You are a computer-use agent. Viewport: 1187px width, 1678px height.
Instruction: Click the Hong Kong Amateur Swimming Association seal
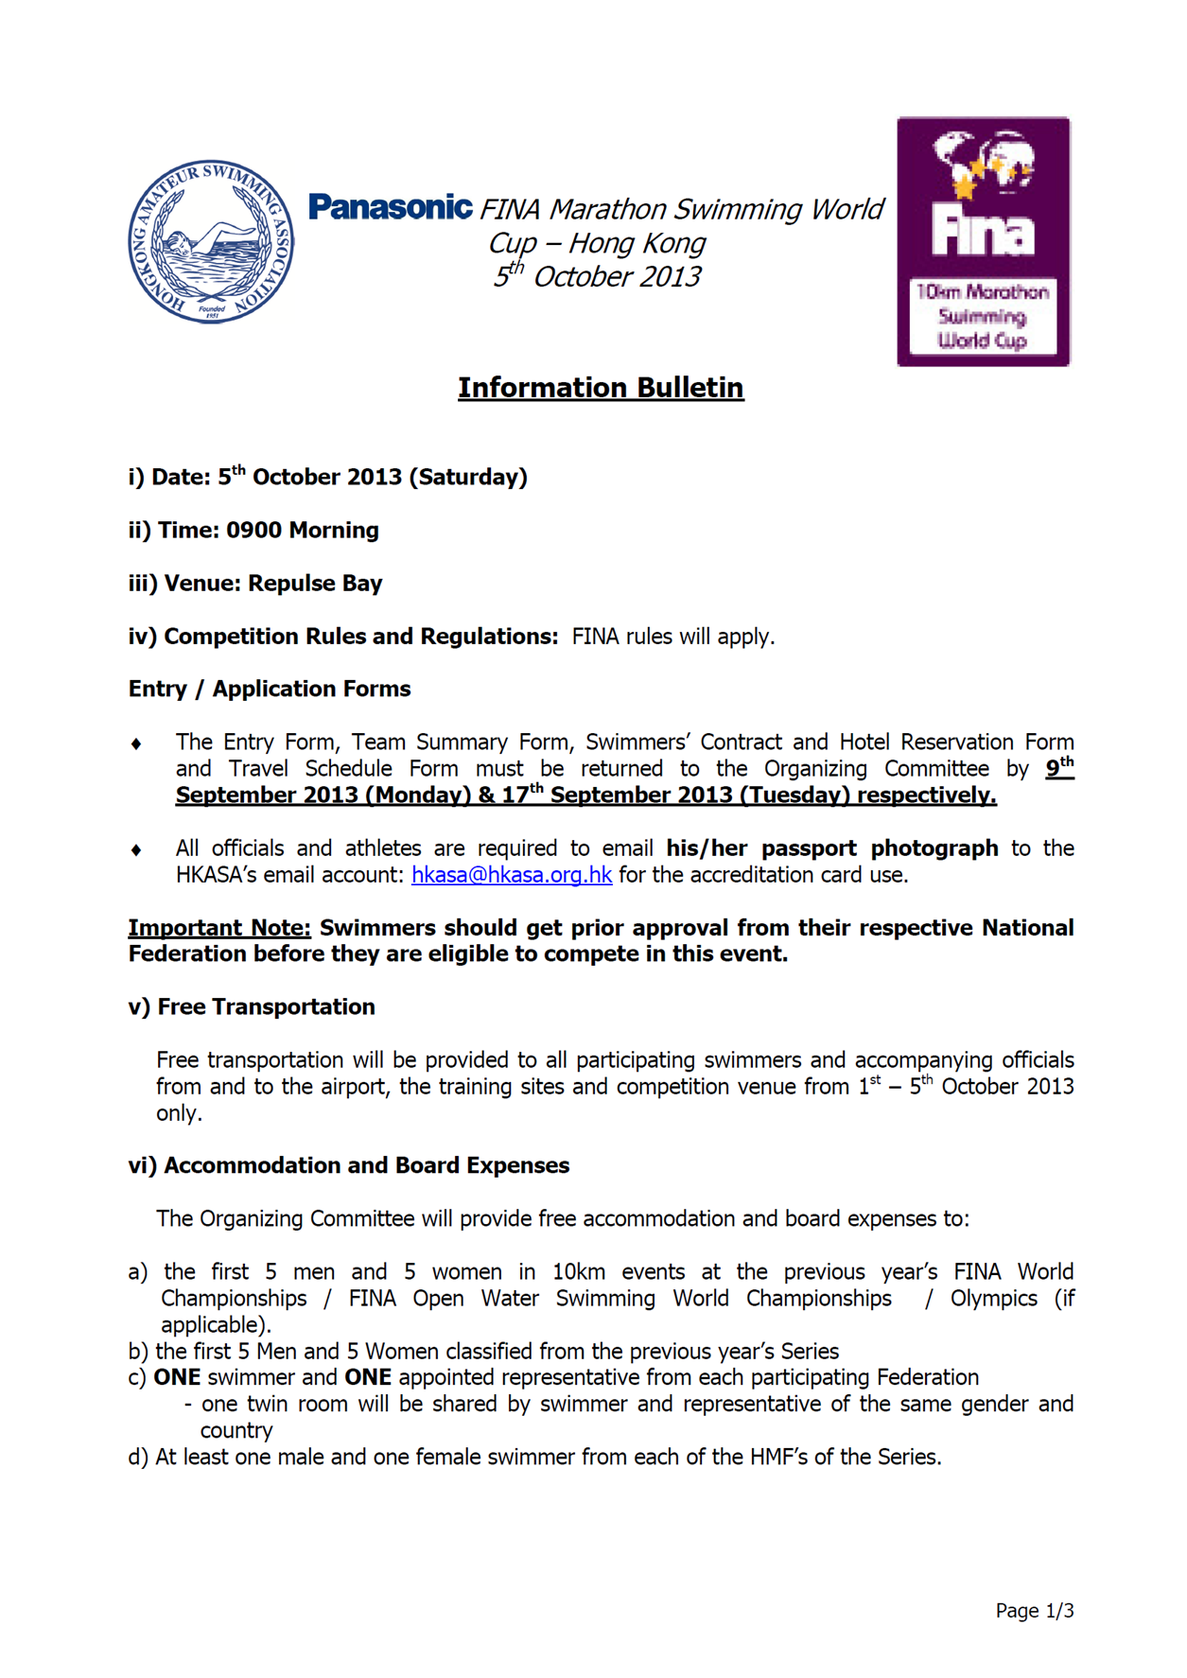[x=211, y=241]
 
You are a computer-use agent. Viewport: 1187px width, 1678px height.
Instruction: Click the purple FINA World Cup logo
[x=983, y=241]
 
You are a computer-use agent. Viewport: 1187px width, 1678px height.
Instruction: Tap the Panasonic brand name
[x=390, y=207]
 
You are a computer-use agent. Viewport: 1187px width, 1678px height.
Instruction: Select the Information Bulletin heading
[x=601, y=388]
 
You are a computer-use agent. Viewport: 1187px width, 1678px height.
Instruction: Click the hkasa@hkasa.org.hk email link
[x=512, y=875]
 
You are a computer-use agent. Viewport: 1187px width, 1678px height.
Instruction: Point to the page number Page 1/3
[x=1034, y=1611]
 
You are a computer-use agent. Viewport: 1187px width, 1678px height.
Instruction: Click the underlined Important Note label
[x=219, y=928]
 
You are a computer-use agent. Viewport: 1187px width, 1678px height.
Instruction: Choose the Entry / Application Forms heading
[x=270, y=690]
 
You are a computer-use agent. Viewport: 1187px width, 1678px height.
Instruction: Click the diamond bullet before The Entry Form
[x=136, y=744]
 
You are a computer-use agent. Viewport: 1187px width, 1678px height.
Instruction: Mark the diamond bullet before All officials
[x=136, y=850]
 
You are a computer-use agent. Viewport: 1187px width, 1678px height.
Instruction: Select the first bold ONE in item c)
[x=177, y=1378]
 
